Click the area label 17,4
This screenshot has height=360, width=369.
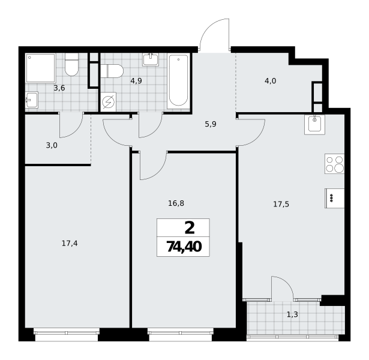point(70,243)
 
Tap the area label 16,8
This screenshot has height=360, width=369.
point(176,203)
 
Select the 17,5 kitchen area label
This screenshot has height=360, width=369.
point(281,204)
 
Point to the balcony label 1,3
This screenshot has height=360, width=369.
point(292,314)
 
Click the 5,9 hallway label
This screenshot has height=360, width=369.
point(211,124)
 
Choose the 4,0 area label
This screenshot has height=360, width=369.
point(270,81)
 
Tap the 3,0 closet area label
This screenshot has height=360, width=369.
point(52,145)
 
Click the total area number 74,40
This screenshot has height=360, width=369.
point(184,247)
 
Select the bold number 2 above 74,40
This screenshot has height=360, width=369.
point(190,228)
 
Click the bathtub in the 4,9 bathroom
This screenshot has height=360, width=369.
point(178,81)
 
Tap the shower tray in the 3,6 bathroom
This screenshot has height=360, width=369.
point(40,68)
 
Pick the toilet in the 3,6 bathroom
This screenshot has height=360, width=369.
point(71,64)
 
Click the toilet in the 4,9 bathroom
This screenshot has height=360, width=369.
point(112,71)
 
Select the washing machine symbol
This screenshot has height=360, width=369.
point(108,102)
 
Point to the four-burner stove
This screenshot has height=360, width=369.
point(334,164)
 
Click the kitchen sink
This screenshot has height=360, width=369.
point(314,124)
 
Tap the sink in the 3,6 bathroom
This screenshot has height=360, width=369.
point(32,100)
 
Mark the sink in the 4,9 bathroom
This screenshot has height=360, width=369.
point(151,59)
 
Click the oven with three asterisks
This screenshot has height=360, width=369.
point(334,198)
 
